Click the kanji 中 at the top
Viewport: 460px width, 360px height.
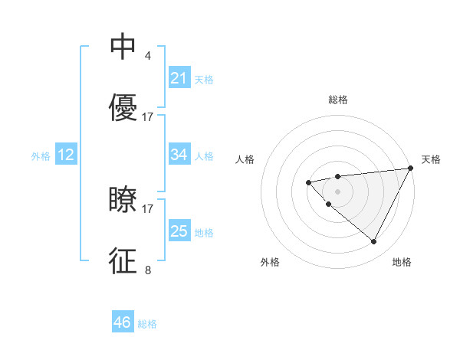(123, 47)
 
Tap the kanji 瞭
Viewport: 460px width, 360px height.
(123, 200)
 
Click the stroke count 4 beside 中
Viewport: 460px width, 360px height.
(147, 56)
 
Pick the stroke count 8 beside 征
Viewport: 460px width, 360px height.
(147, 270)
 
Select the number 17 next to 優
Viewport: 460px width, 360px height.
(148, 117)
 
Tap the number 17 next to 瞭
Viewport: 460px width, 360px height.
(148, 208)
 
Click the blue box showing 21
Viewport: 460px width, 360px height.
(179, 78)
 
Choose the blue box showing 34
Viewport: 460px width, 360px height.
(179, 155)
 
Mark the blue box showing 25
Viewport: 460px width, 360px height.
(179, 231)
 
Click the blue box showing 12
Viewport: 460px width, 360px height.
(66, 155)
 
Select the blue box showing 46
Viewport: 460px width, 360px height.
(123, 322)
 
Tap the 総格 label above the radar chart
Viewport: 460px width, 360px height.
(338, 100)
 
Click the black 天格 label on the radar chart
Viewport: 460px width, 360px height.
(431, 159)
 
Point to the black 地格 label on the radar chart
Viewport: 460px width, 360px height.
(402, 262)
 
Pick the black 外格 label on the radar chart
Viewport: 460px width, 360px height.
(270, 262)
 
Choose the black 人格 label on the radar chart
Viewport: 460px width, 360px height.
(245, 159)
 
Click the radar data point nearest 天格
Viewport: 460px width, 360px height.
(410, 168)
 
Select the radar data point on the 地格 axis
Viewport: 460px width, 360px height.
(374, 241)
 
